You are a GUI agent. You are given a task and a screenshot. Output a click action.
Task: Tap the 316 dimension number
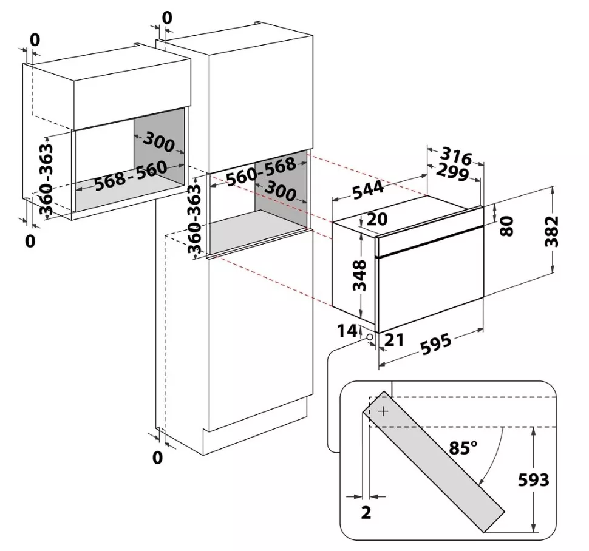click(x=455, y=156)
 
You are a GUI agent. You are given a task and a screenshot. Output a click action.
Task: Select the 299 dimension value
click(x=452, y=173)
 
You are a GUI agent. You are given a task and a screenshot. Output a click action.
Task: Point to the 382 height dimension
click(x=551, y=231)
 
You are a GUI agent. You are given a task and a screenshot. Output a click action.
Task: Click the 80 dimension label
click(x=506, y=226)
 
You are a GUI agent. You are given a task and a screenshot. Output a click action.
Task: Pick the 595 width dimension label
click(x=435, y=344)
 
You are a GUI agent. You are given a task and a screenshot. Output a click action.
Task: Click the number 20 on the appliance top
click(x=376, y=219)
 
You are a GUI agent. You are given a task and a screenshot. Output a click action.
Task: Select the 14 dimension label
click(x=347, y=331)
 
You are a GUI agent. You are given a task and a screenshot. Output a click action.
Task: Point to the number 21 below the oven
click(x=394, y=340)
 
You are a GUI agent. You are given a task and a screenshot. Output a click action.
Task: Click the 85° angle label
click(x=463, y=447)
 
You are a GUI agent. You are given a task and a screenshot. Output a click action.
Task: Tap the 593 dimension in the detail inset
click(x=533, y=479)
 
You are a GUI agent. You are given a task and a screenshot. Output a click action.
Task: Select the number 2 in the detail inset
click(x=366, y=512)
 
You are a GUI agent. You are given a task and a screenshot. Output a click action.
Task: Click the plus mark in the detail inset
click(x=383, y=412)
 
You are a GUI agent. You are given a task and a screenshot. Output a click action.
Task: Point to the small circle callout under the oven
click(x=370, y=337)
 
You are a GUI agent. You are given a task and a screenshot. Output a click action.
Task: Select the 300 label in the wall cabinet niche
click(x=159, y=142)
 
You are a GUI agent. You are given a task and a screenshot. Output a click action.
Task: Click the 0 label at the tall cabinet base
click(x=158, y=458)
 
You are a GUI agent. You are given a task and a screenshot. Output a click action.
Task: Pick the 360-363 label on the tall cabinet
click(x=194, y=219)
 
